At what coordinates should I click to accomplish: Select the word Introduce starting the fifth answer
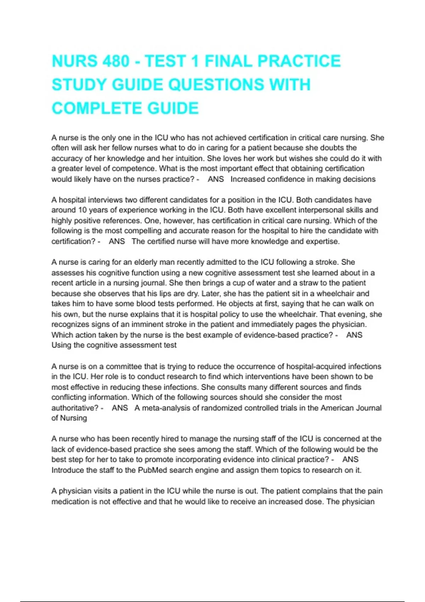[x=68, y=470]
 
